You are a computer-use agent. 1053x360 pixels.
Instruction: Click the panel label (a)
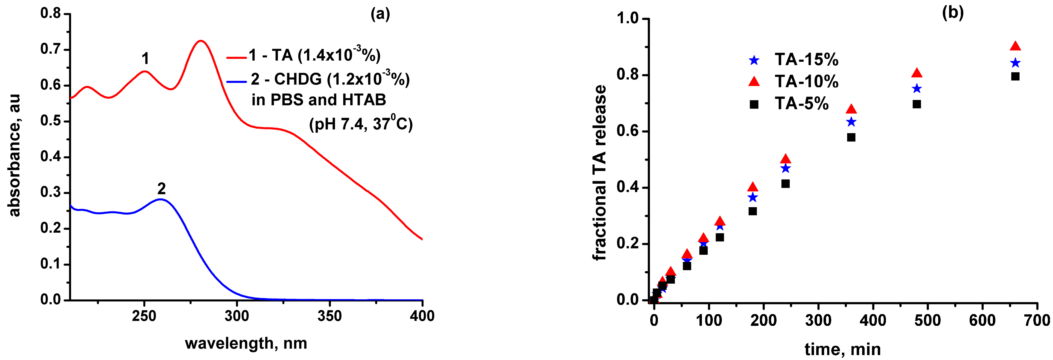(380, 14)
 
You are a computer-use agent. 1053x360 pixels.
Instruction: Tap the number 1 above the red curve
(145, 59)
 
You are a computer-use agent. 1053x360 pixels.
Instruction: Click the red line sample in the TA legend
(236, 58)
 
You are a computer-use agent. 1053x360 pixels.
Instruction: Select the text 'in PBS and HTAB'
(319, 100)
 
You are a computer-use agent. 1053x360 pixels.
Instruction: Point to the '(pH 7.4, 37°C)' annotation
(361, 123)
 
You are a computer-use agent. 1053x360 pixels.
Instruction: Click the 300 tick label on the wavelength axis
(237, 316)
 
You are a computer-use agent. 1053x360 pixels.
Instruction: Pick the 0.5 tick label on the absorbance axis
(50, 121)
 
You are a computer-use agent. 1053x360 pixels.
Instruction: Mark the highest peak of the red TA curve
(201, 41)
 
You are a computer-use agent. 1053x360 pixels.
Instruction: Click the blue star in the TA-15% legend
(754, 60)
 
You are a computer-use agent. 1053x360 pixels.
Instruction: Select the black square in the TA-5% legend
(754, 105)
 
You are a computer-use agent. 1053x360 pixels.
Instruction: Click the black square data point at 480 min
(917, 104)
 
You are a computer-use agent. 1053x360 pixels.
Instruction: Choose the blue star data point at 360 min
(851, 122)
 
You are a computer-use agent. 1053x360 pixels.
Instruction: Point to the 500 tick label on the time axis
(927, 320)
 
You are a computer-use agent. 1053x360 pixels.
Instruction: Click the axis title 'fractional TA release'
(599, 172)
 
